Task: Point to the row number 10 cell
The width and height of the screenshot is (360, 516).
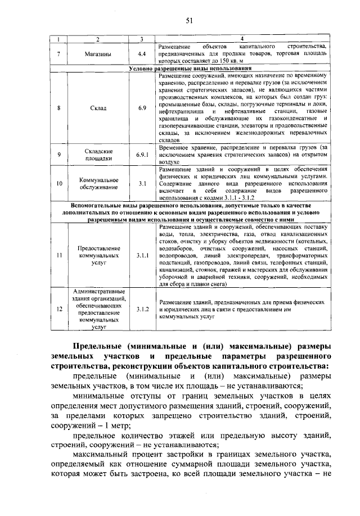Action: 59,183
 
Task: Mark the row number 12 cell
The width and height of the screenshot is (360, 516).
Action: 59,309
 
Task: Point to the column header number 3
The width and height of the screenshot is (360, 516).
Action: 142,39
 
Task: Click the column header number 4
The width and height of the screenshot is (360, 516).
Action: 242,39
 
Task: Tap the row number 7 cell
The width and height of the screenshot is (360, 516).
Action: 59,54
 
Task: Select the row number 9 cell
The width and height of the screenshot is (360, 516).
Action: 59,153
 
